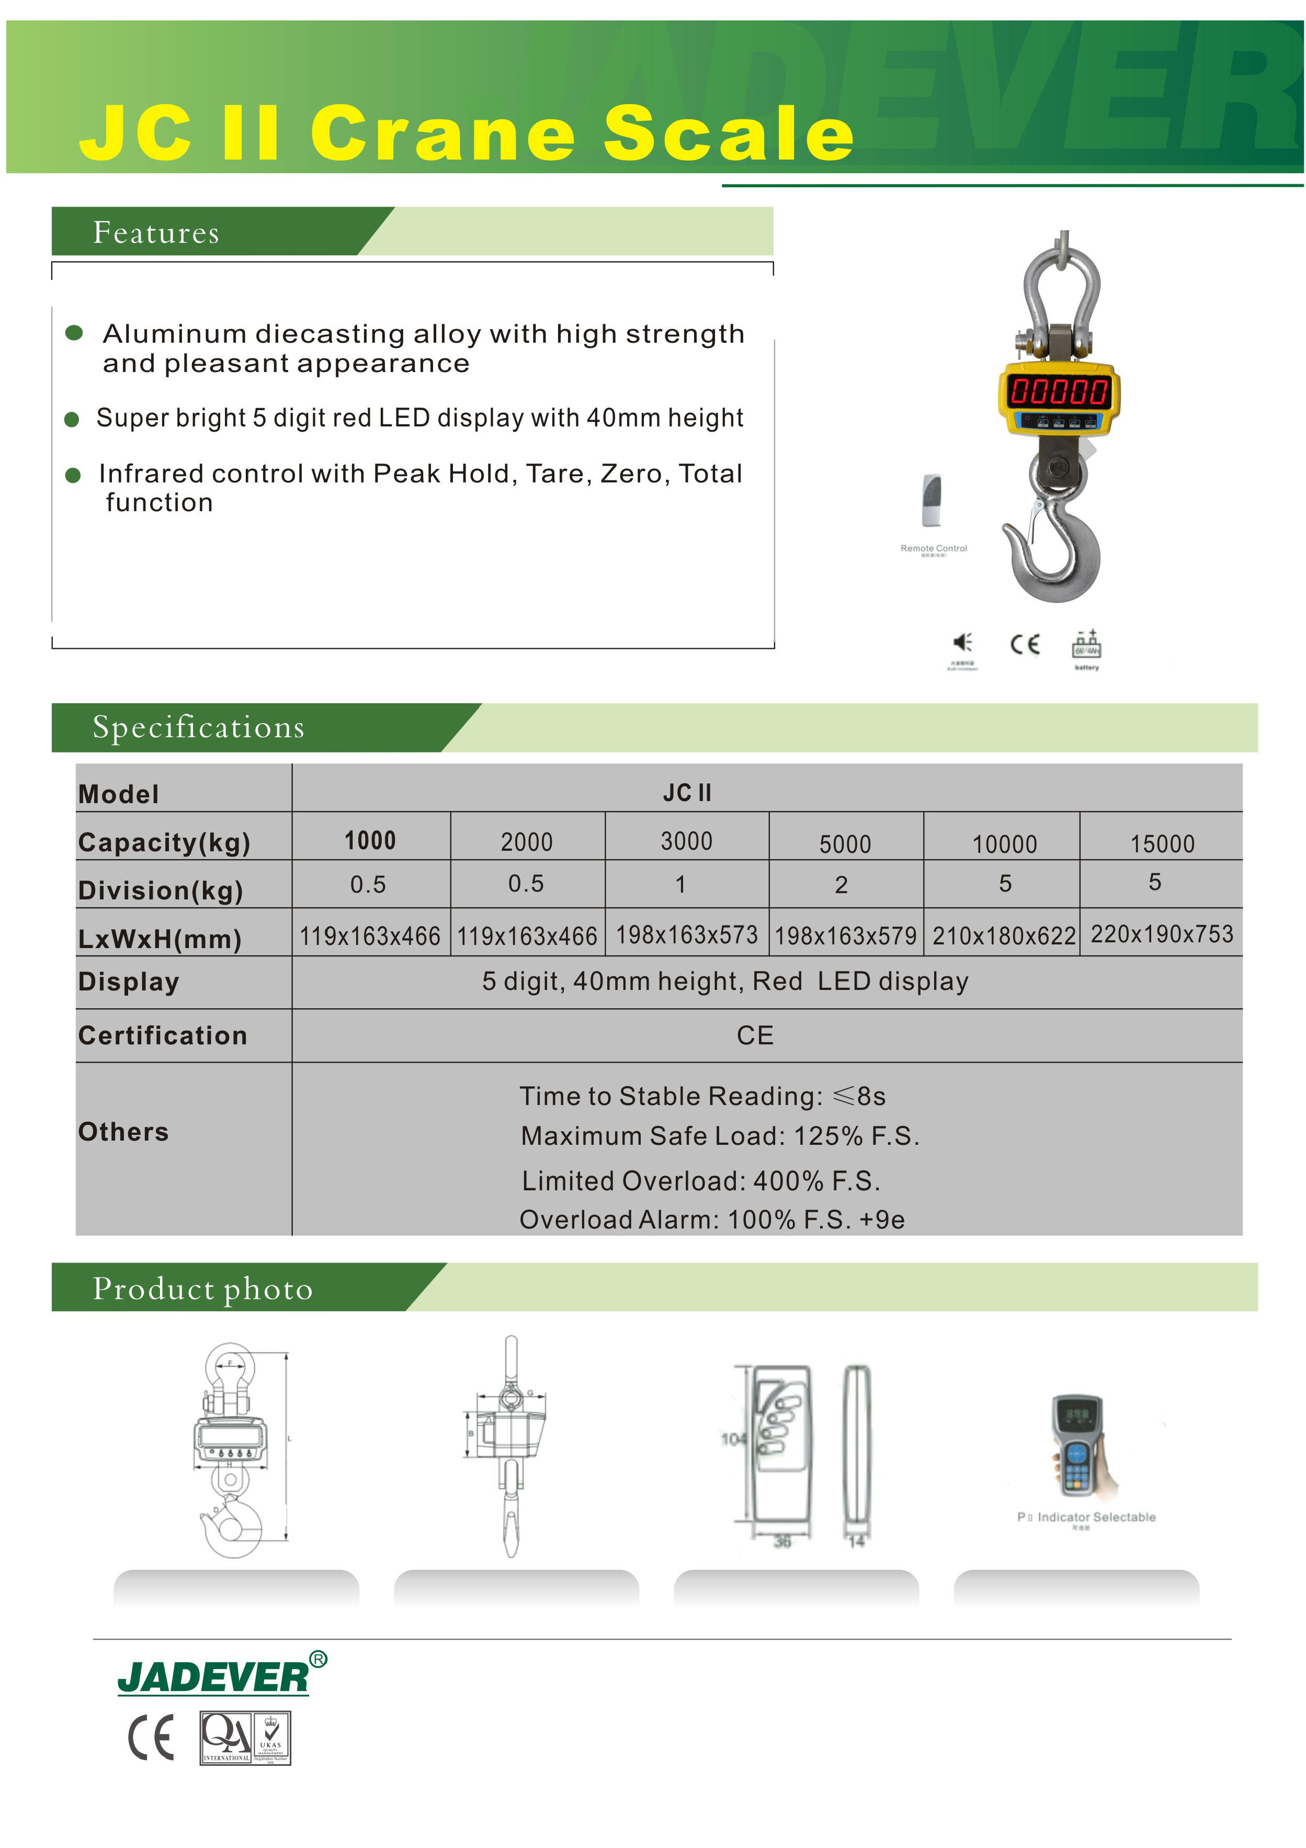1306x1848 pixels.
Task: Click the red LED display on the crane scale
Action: tap(1059, 392)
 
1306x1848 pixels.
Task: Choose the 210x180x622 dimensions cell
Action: tap(1004, 936)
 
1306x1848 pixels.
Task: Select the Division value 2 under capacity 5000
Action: tap(841, 885)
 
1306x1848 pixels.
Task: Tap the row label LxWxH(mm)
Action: tap(160, 939)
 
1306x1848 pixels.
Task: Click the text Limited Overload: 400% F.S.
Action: tap(700, 1181)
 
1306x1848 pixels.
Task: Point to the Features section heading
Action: tap(156, 233)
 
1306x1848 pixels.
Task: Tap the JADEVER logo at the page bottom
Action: tap(213, 1677)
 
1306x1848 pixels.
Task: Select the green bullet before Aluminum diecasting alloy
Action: tap(74, 333)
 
